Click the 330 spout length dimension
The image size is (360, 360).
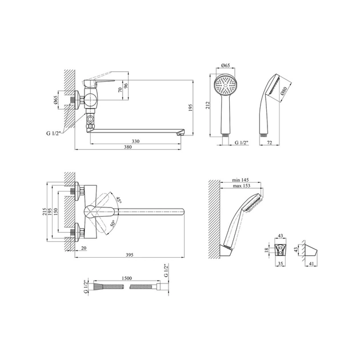tap(135, 141)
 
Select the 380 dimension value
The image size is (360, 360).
tap(128, 147)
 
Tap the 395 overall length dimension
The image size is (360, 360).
tap(130, 255)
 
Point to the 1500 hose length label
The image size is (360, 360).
tap(126, 278)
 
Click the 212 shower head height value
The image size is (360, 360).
tap(208, 105)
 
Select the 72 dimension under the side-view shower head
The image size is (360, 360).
tap(270, 143)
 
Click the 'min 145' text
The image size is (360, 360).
tap(241, 180)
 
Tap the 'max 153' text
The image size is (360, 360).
tap(241, 186)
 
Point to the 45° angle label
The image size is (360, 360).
tap(119, 200)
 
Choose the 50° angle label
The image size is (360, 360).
tap(112, 223)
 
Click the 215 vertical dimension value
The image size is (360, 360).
tap(45, 211)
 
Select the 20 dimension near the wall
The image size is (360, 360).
tap(84, 248)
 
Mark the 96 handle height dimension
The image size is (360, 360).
tap(125, 86)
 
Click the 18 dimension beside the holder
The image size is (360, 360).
tap(266, 250)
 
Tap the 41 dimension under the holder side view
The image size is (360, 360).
tap(311, 264)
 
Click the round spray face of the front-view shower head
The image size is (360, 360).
tap(225, 85)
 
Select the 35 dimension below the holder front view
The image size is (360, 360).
tap(281, 263)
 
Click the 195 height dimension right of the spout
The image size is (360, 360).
tap(190, 107)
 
